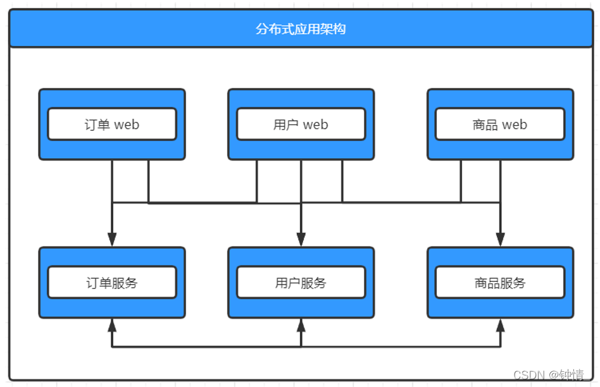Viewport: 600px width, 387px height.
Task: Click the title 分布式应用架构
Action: click(x=301, y=29)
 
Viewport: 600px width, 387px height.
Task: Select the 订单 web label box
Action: click(x=112, y=125)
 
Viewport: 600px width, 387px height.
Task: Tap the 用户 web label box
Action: click(x=301, y=125)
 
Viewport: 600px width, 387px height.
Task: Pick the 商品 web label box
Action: click(x=500, y=125)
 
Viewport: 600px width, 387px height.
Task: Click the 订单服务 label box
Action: click(x=112, y=283)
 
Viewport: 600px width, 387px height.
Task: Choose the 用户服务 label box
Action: click(x=301, y=283)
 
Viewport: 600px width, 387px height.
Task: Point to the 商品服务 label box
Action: click(x=500, y=283)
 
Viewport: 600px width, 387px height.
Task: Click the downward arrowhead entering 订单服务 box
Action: click(x=112, y=239)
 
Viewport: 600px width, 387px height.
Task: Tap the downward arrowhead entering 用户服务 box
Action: click(x=301, y=239)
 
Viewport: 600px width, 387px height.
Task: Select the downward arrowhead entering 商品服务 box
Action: click(x=500, y=239)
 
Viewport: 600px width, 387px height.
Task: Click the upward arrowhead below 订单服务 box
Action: click(x=112, y=326)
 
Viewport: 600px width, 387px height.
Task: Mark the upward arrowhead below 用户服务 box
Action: click(x=301, y=326)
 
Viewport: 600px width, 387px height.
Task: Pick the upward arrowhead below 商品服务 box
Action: click(x=500, y=326)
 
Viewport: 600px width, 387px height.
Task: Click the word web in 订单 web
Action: click(x=127, y=125)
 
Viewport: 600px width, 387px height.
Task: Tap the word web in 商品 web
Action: click(x=515, y=125)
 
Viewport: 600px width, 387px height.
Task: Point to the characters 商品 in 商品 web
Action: click(x=485, y=125)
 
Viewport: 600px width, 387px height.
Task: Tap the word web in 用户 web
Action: click(x=315, y=125)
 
